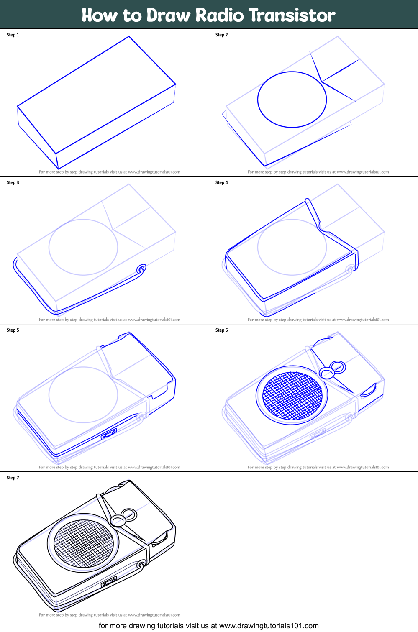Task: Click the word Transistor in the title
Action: (x=292, y=15)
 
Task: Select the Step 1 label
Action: (x=13, y=35)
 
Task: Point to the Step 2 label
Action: (x=222, y=35)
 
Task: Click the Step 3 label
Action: (x=13, y=183)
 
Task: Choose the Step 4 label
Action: (x=222, y=183)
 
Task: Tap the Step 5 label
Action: (x=13, y=330)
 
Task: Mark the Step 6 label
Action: (x=222, y=330)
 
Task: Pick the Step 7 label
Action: (x=13, y=478)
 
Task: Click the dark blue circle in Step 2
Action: (x=292, y=100)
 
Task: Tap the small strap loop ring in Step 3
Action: (x=141, y=269)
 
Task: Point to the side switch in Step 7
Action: (x=109, y=582)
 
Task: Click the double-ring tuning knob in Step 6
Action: (x=333, y=370)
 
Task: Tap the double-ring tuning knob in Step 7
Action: (x=123, y=517)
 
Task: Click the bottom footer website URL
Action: (x=269, y=626)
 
